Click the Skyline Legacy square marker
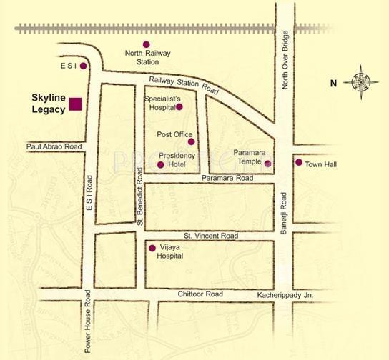[x=75, y=104]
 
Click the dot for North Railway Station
[x=147, y=45]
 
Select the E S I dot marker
[x=83, y=66]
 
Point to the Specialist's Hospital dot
[x=179, y=107]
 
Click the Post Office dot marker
[x=191, y=141]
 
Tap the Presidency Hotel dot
[x=160, y=165]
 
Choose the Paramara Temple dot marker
[x=268, y=164]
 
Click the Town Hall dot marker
[x=298, y=162]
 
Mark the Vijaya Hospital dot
[x=152, y=248]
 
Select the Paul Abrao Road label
[x=54, y=146]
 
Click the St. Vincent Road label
[x=210, y=235]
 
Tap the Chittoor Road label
[x=201, y=294]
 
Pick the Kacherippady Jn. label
[x=285, y=295]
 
